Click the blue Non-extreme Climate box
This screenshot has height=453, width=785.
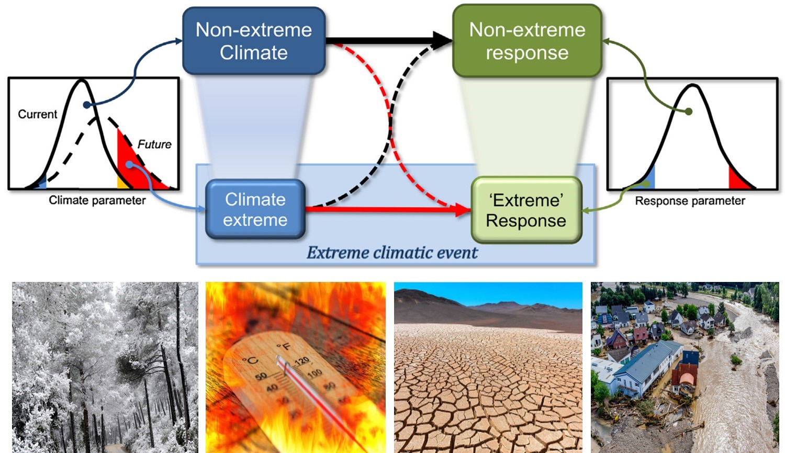[x=254, y=41]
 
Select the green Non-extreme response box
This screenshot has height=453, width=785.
[x=527, y=41]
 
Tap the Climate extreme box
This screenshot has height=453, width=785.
[x=255, y=209]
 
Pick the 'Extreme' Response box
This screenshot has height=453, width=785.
[x=526, y=210]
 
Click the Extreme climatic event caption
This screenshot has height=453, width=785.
[x=392, y=253]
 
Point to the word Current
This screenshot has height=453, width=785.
[x=37, y=114]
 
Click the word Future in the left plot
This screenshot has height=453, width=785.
[x=154, y=144]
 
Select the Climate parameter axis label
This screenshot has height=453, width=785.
[x=97, y=200]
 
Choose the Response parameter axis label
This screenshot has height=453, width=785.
[x=690, y=201]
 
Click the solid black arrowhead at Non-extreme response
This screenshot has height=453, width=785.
[x=444, y=40]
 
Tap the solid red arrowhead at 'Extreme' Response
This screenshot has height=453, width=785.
[x=464, y=210]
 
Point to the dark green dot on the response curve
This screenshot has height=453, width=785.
[x=689, y=111]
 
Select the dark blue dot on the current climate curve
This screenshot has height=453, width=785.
[x=87, y=105]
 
